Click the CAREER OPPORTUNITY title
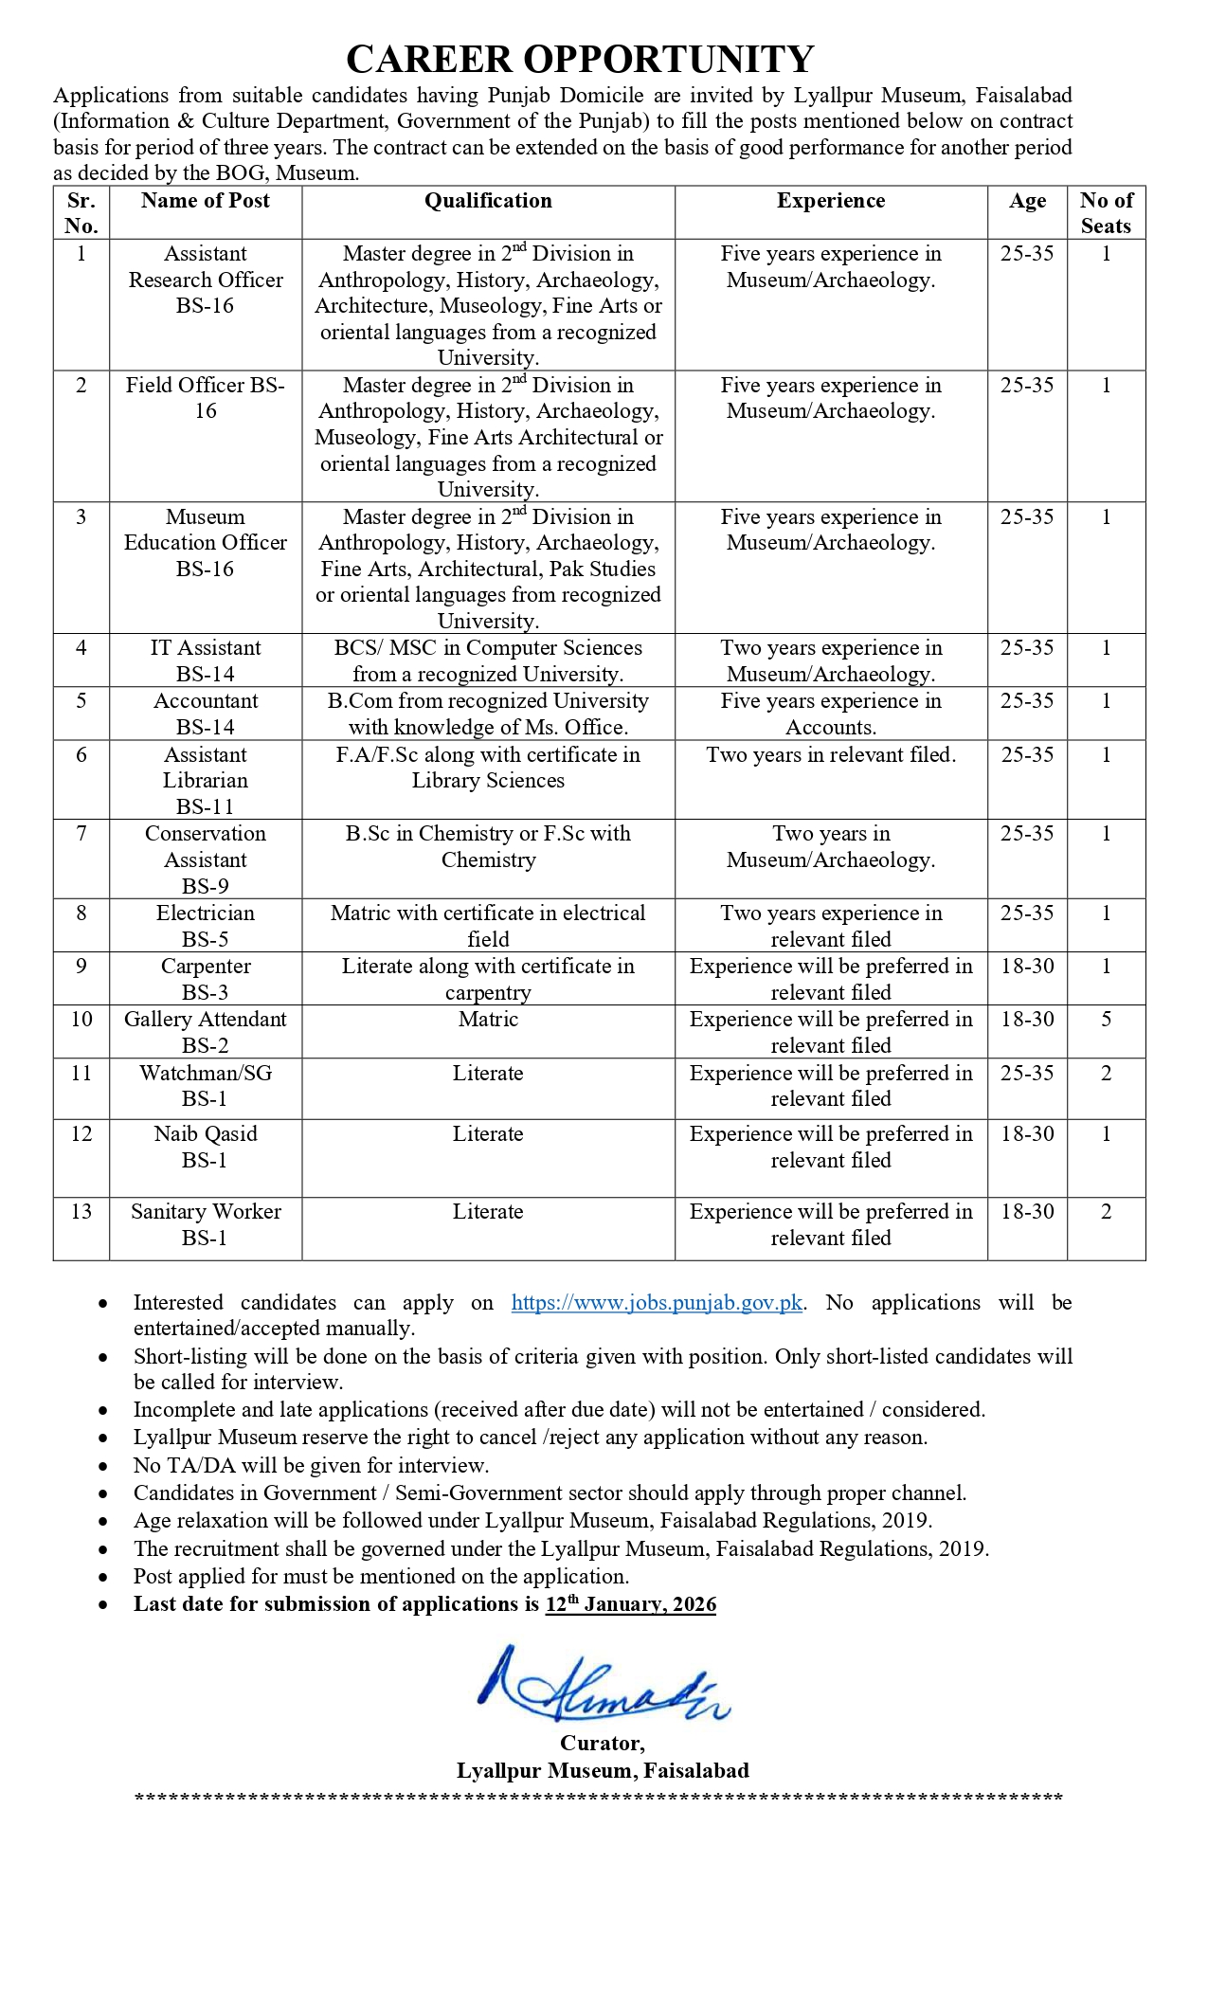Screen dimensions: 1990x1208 point(580,60)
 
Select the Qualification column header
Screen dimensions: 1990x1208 point(488,201)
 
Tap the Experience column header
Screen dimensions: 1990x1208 point(831,201)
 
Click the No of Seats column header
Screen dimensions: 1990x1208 point(1106,213)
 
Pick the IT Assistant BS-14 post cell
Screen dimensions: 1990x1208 point(206,660)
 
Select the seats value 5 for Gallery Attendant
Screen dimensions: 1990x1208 point(1106,1020)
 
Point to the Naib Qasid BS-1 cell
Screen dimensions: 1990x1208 point(206,1147)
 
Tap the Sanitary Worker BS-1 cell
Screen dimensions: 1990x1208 point(206,1224)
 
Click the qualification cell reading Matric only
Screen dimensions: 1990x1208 point(488,1020)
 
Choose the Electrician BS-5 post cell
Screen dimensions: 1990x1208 point(206,926)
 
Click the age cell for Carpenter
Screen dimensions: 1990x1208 point(1027,967)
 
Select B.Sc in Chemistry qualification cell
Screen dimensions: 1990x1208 point(488,846)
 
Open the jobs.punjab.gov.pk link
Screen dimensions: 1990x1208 point(657,1303)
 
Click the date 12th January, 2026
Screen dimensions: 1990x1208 point(631,1604)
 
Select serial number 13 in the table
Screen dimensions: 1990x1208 point(81,1212)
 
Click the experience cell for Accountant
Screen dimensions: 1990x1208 point(831,714)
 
